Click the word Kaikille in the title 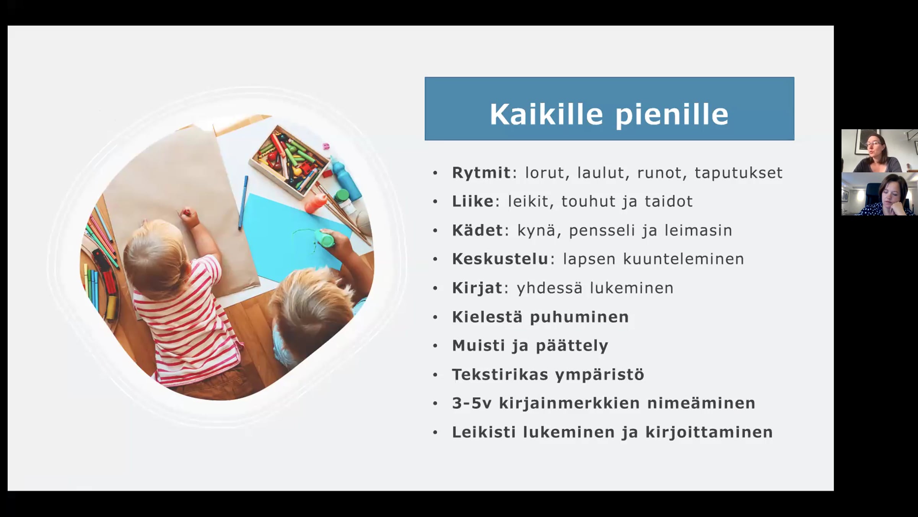(546, 114)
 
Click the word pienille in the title (672, 115)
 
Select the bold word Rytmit (481, 173)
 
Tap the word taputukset (739, 173)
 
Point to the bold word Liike (473, 201)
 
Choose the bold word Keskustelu (500, 259)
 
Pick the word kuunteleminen (684, 259)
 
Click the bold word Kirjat (477, 288)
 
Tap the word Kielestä (487, 317)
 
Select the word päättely (572, 346)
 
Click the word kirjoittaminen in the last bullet (709, 432)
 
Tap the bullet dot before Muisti (435, 346)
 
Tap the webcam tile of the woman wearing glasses (879, 151)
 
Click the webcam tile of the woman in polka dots (879, 194)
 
